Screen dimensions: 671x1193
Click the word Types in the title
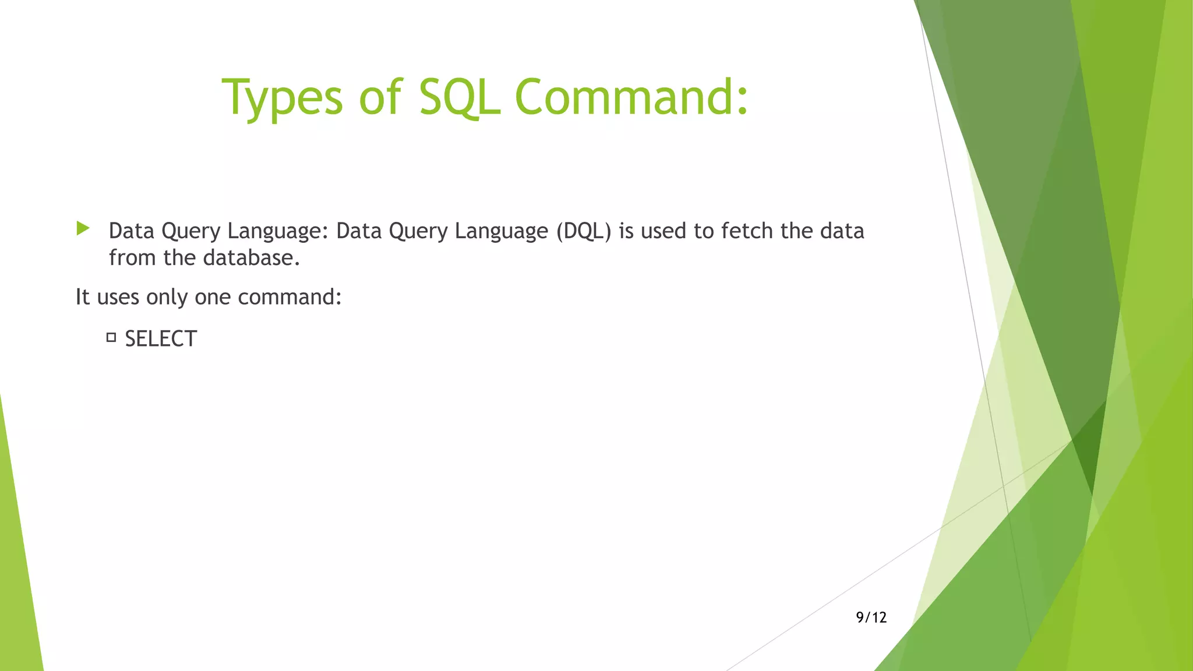(x=282, y=98)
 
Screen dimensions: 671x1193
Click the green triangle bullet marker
(x=83, y=228)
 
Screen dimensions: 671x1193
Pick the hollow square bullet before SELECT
(x=111, y=337)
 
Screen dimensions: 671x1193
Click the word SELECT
(x=161, y=339)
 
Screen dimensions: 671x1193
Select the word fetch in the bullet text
(x=747, y=231)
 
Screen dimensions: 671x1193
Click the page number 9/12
(x=871, y=617)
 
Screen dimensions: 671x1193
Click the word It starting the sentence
(x=82, y=297)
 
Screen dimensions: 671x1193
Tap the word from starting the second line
(x=133, y=258)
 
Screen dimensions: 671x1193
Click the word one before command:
(x=213, y=298)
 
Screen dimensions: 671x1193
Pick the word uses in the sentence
(x=118, y=298)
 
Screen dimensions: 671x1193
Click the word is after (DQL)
(x=626, y=231)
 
